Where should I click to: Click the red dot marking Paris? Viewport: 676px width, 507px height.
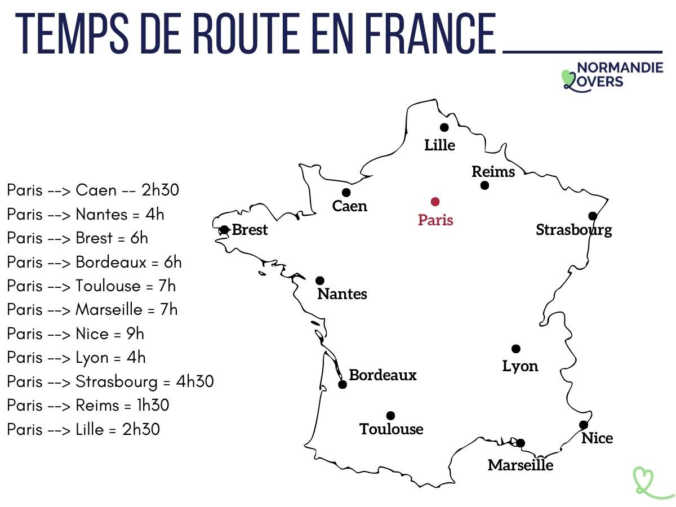click(x=435, y=202)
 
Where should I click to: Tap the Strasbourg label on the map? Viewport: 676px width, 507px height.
click(x=573, y=230)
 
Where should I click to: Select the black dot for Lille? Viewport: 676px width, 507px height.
click(x=444, y=127)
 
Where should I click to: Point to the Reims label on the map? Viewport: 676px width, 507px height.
click(x=493, y=172)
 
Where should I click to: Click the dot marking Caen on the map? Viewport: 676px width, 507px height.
click(x=346, y=193)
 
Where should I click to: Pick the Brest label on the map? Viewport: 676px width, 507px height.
click(x=250, y=230)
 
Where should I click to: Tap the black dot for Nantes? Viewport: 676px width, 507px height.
click(x=320, y=281)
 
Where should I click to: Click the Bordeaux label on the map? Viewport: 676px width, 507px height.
click(x=383, y=375)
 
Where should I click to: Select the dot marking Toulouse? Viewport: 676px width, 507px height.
click(x=390, y=416)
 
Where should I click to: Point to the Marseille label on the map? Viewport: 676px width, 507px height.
click(x=521, y=465)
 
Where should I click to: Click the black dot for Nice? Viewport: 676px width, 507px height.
click(x=584, y=425)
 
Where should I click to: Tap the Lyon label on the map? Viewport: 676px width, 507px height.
click(x=520, y=366)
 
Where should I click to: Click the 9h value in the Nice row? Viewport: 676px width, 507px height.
click(x=135, y=334)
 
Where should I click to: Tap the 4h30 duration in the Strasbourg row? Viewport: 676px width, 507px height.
click(x=195, y=382)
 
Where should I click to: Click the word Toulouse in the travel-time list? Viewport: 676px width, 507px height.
click(x=108, y=286)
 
